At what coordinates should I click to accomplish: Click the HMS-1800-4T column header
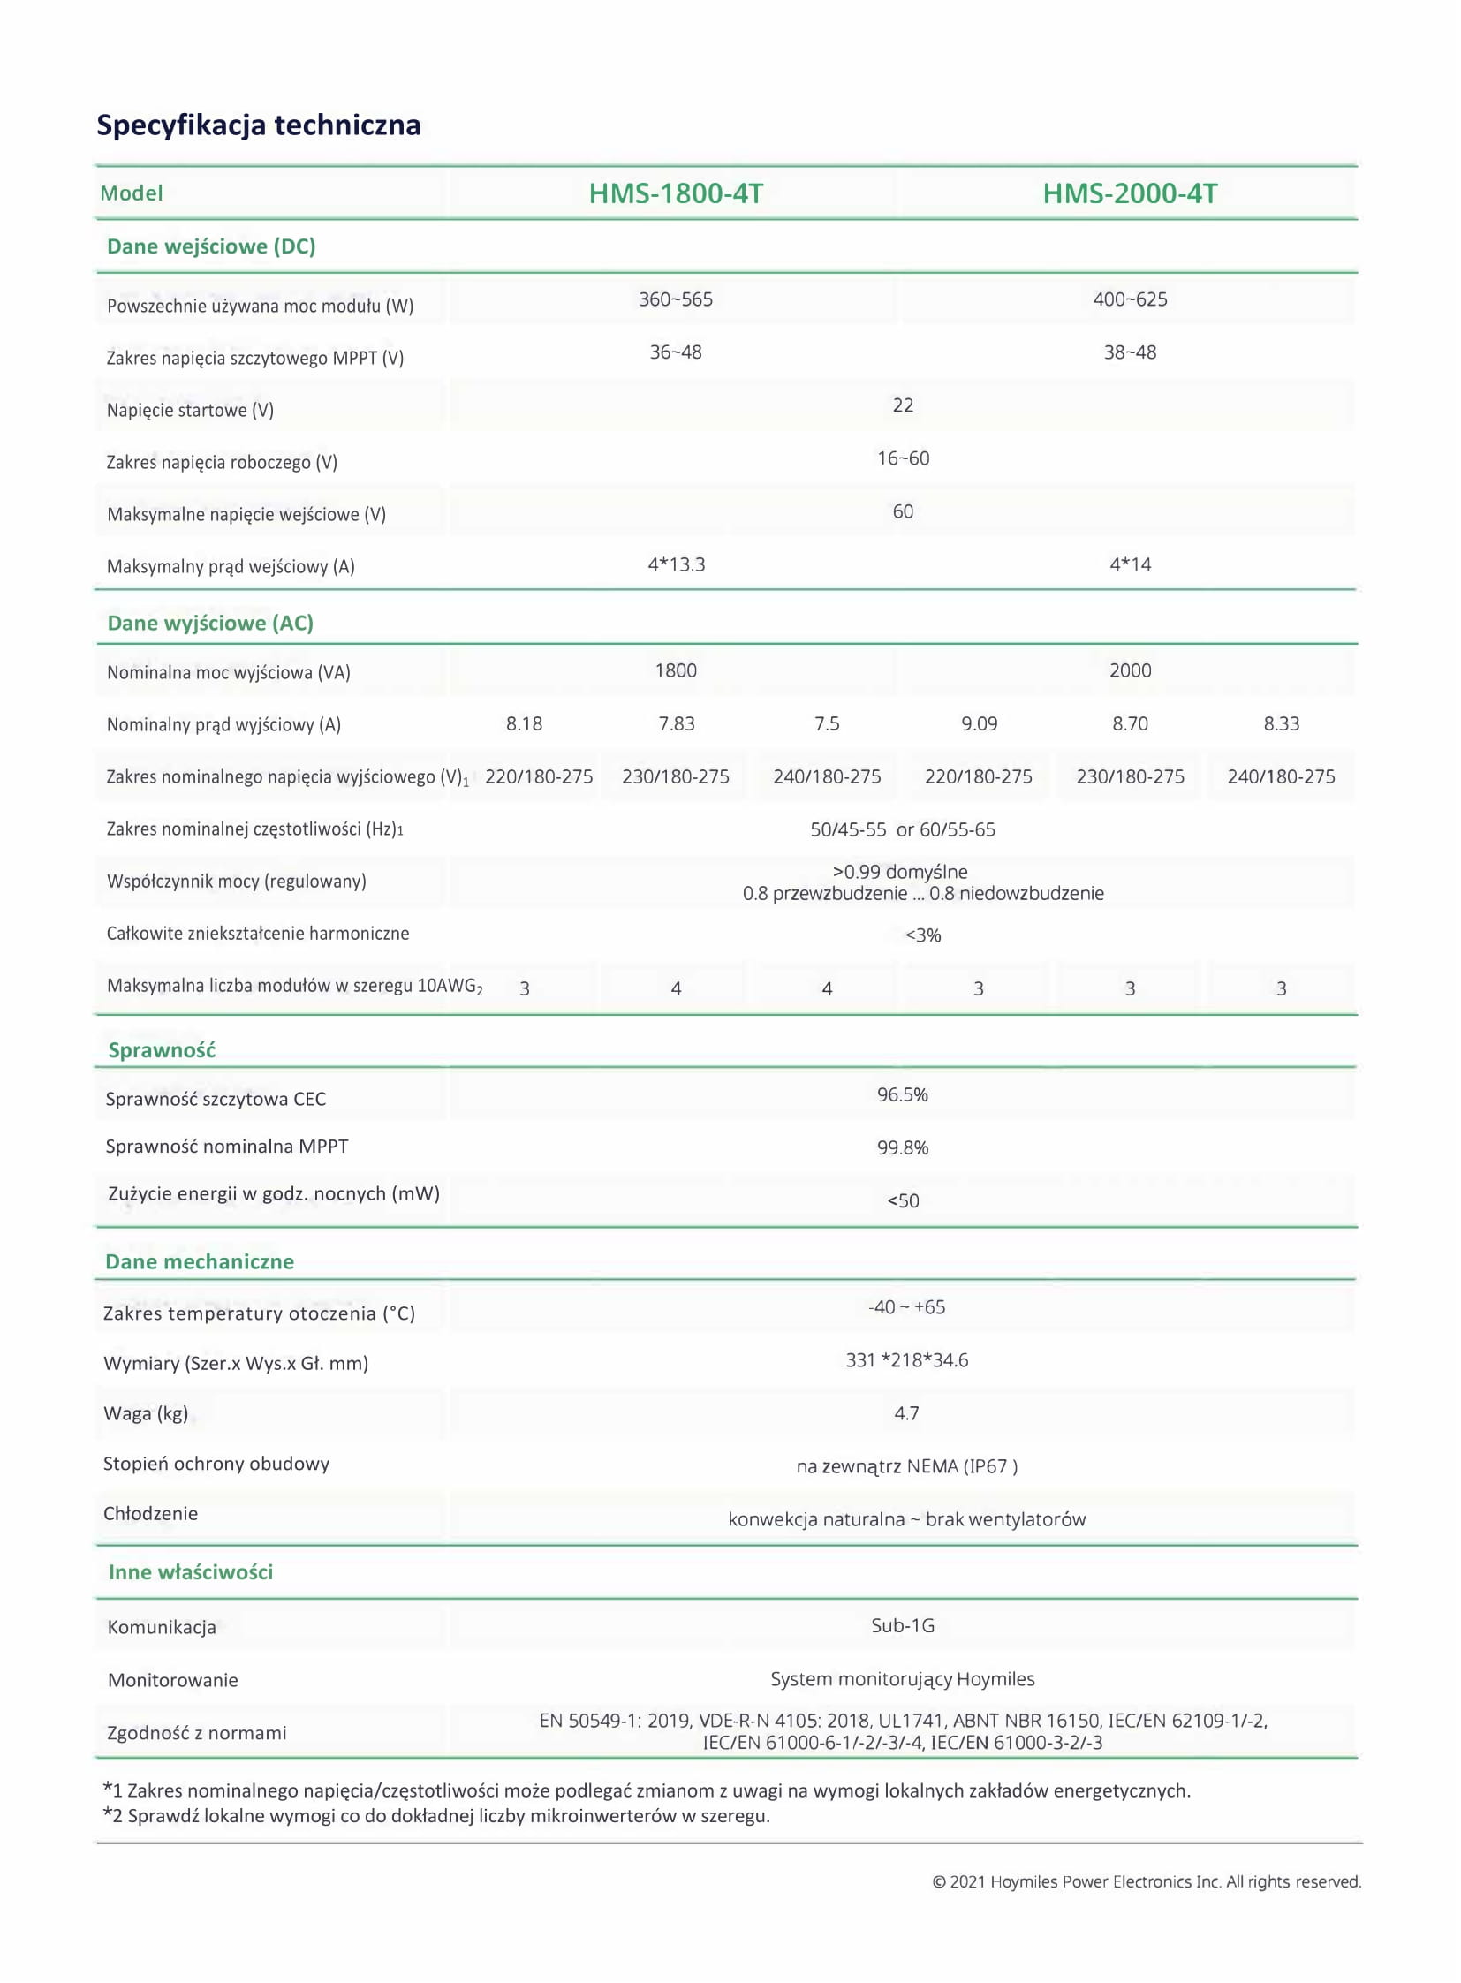click(676, 193)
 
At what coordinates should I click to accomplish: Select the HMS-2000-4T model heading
click(1130, 193)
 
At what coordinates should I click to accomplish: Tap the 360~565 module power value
click(676, 299)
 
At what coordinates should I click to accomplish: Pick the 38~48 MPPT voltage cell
click(1130, 352)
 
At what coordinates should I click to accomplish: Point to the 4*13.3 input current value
click(676, 564)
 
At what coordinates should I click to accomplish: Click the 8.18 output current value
click(524, 723)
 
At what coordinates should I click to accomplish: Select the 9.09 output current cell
click(979, 723)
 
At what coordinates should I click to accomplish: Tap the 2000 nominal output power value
click(1130, 670)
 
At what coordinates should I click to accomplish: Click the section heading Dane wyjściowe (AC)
click(210, 623)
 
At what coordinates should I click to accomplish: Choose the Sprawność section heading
click(162, 1050)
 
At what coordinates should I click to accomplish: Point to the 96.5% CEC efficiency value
click(902, 1094)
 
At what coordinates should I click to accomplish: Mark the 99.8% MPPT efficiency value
click(902, 1147)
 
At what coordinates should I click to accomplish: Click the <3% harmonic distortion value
click(922, 935)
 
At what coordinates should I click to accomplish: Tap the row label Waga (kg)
click(146, 1412)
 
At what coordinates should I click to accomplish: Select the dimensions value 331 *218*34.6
click(906, 1359)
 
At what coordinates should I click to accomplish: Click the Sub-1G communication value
click(902, 1624)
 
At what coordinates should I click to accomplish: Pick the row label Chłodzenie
click(150, 1512)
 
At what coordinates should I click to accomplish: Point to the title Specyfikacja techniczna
click(258, 125)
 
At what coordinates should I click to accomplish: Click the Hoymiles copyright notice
click(1147, 1881)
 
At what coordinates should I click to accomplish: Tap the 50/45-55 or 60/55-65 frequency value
click(902, 829)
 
